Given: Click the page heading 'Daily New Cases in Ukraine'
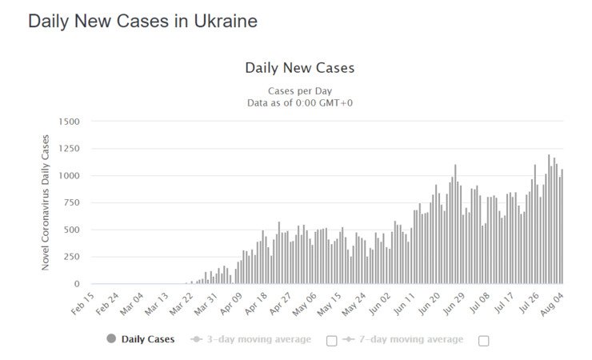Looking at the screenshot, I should tap(142, 22).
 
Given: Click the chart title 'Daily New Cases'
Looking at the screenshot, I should tap(299, 68).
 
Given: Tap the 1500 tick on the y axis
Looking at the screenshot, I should tap(68, 121).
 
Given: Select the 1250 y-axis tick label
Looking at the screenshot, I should tap(68, 148).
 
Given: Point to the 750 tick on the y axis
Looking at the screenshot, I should tap(70, 202).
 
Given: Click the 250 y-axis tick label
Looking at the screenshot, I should tap(70, 257).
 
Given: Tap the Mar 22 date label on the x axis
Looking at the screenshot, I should tap(182, 302).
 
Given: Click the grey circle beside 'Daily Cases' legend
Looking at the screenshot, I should tap(111, 339).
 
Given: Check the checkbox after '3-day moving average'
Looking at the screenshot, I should tap(332, 340).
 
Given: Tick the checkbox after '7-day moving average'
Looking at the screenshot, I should tap(483, 340).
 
